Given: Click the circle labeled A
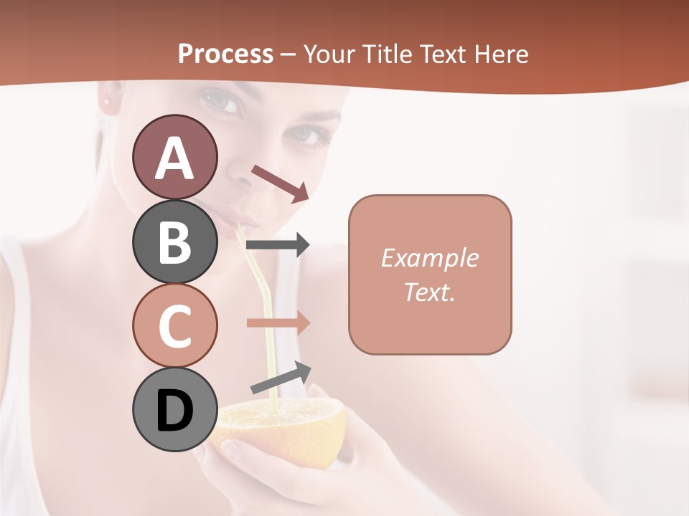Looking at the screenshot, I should pos(175,157).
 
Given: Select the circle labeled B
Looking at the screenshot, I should pos(175,242).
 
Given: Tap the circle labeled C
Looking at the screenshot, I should pos(175,325).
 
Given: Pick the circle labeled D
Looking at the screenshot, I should pos(175,410).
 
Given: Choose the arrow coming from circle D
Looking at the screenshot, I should pos(281,378).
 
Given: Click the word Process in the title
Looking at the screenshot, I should pos(225,54).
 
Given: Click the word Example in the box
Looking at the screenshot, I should pos(429,258).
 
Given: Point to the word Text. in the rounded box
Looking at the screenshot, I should pos(429,292).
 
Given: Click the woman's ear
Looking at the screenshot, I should pos(109,100).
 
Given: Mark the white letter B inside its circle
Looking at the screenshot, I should pos(175,242).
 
